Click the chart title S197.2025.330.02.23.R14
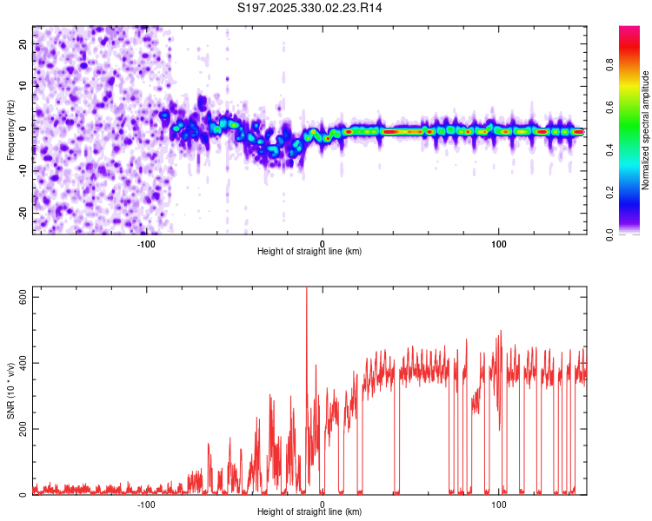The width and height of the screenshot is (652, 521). [x=310, y=8]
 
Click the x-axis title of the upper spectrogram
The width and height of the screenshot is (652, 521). [x=309, y=251]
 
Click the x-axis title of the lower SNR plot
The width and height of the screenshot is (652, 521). [x=309, y=511]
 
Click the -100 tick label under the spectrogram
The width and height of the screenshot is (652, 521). [x=145, y=243]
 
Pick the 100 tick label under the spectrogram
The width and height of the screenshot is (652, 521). [x=499, y=243]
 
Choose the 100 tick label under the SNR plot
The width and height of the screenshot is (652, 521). [x=499, y=504]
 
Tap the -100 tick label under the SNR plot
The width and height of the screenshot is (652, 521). [x=145, y=504]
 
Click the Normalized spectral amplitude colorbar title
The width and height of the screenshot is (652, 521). [x=646, y=130]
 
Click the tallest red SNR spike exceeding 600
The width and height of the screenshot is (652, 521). [x=306, y=295]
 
